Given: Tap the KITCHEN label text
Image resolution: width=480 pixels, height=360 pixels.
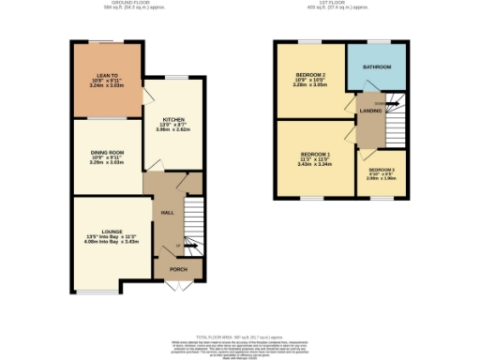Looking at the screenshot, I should [x=173, y=120].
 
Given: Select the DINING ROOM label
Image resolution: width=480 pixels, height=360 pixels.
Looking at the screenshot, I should [x=108, y=152].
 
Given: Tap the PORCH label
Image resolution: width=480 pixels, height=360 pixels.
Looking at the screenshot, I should [x=178, y=269].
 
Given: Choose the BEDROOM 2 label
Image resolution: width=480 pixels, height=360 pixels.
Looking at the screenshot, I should [x=310, y=75].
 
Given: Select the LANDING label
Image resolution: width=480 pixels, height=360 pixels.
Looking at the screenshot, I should [x=368, y=112].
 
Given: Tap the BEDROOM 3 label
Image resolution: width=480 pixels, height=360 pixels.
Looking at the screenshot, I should [x=382, y=170].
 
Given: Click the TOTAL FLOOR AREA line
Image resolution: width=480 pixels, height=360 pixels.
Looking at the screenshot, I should [x=240, y=336].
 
